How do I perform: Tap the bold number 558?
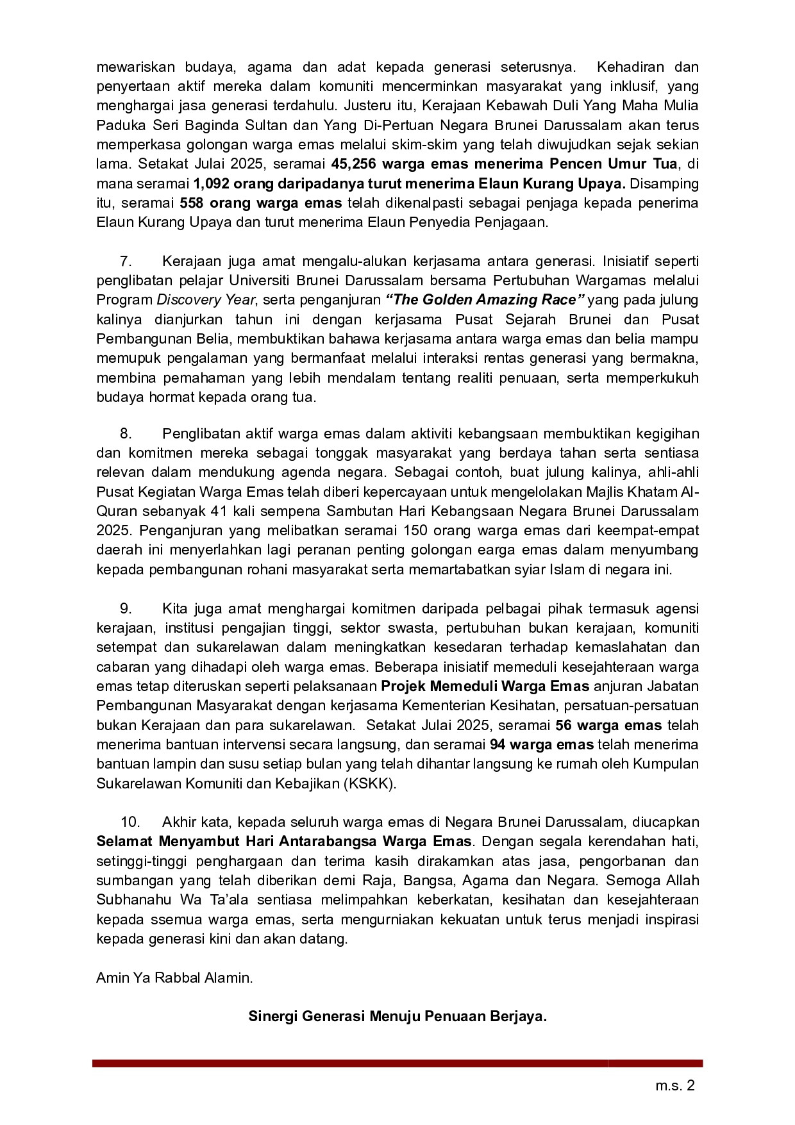tap(192, 203)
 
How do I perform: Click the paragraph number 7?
tap(126, 261)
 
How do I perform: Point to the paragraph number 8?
tap(126, 434)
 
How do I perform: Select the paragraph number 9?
tap(126, 608)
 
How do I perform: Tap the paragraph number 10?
tap(130, 822)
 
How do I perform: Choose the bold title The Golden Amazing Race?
tap(485, 300)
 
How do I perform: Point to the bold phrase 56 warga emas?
tap(608, 726)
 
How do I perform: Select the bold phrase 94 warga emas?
tap(542, 745)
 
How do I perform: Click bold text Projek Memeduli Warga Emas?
tap(485, 687)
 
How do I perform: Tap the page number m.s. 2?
tap(674, 1086)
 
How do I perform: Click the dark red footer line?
tap(397, 1063)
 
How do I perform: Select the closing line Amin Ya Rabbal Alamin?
tap(174, 978)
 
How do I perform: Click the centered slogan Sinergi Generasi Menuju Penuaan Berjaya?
tap(397, 1017)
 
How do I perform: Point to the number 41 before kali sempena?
tap(218, 512)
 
